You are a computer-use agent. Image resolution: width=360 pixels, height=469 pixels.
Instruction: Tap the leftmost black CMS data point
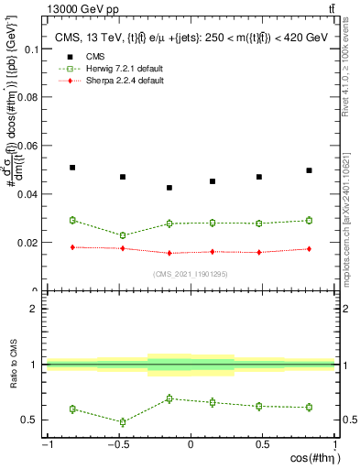point(72,168)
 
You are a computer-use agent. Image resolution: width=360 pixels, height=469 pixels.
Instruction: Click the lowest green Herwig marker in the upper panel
point(123,235)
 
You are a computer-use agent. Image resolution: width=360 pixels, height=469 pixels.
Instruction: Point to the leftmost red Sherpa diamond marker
point(72,247)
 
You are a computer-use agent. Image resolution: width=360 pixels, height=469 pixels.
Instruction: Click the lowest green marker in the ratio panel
point(123,422)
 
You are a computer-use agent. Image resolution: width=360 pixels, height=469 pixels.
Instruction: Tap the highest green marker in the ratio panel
point(169,398)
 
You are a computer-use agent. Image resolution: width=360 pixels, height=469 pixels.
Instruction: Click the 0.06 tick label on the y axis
point(27,146)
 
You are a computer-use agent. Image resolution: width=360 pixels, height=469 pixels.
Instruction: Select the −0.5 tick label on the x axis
point(118,445)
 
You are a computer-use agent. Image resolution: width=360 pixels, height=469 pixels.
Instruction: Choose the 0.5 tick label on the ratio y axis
point(30,420)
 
